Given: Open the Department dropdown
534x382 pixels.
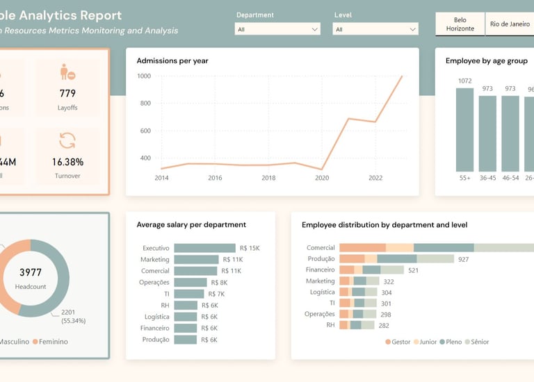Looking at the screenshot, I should (x=277, y=29).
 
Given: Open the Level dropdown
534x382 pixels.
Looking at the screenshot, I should (x=375, y=29).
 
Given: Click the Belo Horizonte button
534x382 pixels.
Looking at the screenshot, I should (x=460, y=24).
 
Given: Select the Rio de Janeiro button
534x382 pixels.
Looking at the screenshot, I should (x=510, y=24).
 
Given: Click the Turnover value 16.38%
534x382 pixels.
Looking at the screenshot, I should (x=67, y=162).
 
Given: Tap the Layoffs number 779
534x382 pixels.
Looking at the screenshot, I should (x=67, y=94).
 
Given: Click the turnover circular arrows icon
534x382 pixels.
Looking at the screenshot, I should (x=67, y=140).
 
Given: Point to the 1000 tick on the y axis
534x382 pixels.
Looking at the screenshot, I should (x=144, y=76).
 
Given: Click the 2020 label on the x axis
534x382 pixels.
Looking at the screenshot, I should (x=321, y=178).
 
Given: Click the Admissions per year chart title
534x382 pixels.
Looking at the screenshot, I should (x=172, y=61).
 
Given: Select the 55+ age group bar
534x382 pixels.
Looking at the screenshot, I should (x=464, y=129).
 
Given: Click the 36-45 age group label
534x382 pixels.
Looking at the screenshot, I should (x=487, y=178).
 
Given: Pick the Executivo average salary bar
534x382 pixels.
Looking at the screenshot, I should (x=204, y=248).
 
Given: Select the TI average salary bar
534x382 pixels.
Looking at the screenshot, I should (x=186, y=294).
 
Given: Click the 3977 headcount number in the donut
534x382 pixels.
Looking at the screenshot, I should (x=31, y=272).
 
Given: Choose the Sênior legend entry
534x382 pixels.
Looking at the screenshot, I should (x=476, y=342).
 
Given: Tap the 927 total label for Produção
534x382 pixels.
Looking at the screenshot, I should (x=464, y=259).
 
